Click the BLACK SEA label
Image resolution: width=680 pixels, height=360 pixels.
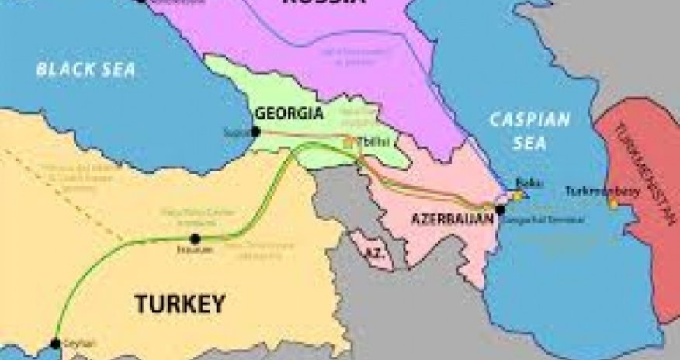click(85, 70)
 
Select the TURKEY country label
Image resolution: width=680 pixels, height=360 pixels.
click(179, 303)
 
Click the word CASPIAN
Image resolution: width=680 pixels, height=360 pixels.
click(529, 120)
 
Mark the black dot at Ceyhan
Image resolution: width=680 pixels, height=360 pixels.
click(55, 343)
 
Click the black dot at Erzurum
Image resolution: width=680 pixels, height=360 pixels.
click(196, 238)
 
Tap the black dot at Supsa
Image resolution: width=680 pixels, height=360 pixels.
click(255, 131)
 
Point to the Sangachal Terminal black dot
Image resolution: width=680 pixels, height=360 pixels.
click(500, 209)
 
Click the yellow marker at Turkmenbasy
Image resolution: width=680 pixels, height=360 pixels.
click(613, 203)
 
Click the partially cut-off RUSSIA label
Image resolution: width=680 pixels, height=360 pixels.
click(323, 2)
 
